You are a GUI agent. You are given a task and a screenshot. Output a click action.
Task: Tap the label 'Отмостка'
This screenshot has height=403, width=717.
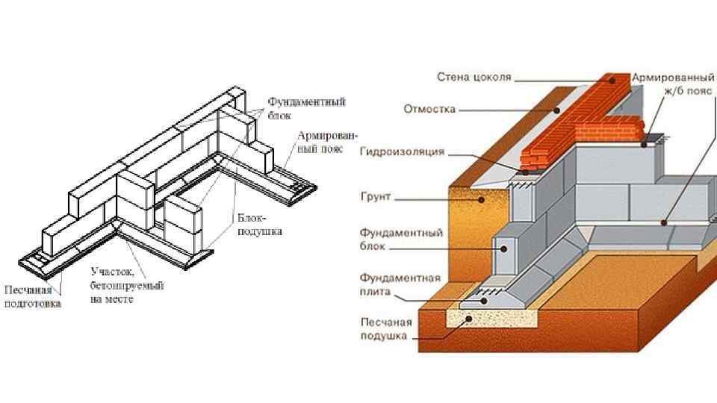429,109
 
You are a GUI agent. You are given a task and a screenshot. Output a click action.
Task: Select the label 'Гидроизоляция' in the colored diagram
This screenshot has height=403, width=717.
402,151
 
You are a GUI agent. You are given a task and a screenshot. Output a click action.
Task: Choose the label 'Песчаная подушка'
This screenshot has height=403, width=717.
385,330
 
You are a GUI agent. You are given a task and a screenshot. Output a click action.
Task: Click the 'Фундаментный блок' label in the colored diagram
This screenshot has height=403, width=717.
401,239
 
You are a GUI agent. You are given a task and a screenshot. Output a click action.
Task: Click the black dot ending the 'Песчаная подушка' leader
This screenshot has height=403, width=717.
469,318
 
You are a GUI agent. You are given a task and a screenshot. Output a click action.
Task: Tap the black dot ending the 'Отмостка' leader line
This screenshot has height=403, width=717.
557,110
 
